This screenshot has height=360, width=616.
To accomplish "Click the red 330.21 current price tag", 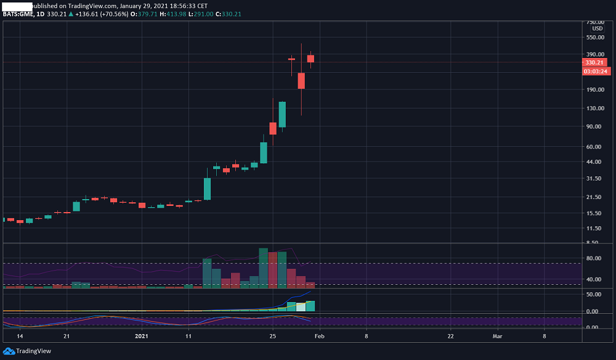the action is click(x=594, y=62).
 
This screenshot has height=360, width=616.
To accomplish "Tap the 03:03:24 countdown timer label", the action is click(x=596, y=72).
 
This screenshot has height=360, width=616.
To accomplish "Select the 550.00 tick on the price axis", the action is click(x=595, y=38).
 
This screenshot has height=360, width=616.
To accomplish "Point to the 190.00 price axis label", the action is click(x=595, y=89).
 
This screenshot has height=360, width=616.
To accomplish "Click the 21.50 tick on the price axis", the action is click(x=594, y=197).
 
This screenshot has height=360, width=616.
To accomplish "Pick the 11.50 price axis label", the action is click(x=594, y=228).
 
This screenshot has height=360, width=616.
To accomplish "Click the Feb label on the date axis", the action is click(x=319, y=337).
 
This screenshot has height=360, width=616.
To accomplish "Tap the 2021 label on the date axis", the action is click(x=142, y=337).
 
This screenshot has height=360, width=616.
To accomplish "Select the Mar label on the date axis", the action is click(x=497, y=337).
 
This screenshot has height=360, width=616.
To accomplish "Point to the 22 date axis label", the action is click(x=451, y=337).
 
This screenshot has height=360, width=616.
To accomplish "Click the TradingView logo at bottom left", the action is click(x=27, y=351).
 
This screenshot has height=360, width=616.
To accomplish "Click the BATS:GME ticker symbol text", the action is click(x=18, y=14).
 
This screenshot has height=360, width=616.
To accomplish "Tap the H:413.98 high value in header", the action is click(x=173, y=14).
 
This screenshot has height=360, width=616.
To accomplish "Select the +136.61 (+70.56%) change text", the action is click(x=102, y=14).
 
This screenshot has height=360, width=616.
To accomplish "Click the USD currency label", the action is click(x=598, y=29).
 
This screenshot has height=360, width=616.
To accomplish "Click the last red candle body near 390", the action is click(x=310, y=59).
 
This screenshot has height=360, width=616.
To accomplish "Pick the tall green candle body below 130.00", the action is click(x=283, y=115).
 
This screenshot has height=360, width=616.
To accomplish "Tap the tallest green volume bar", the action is click(x=263, y=268).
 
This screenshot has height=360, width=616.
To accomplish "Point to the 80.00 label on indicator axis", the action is click(x=594, y=258).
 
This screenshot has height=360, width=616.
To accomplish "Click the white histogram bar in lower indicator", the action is click(x=301, y=307).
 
